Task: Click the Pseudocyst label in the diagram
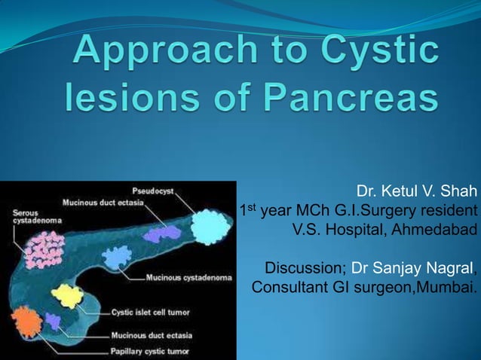coord(153,191)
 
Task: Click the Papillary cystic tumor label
coord(152,350)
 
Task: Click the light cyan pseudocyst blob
coord(205,224)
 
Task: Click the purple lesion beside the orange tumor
coord(53,322)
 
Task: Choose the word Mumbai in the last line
coord(449,288)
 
